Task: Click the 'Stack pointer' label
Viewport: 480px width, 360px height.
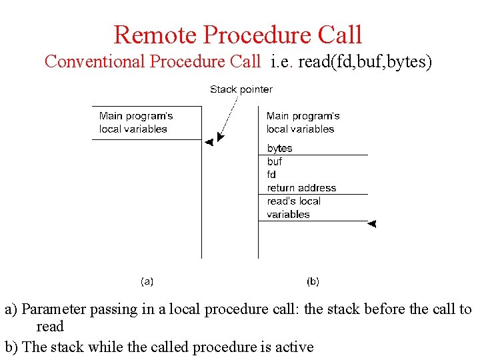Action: (x=241, y=89)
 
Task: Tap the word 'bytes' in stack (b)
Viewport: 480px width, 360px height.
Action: (x=279, y=148)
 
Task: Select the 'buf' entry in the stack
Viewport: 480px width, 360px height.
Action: (x=275, y=161)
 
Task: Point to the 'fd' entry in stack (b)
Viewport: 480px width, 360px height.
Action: (x=271, y=175)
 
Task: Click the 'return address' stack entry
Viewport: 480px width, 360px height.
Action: (x=301, y=188)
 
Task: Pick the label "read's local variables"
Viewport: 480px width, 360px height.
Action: (x=293, y=207)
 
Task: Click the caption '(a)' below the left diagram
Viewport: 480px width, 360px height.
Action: (x=147, y=281)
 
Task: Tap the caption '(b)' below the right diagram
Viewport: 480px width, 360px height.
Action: (x=313, y=281)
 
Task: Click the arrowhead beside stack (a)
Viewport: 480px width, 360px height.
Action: (x=209, y=142)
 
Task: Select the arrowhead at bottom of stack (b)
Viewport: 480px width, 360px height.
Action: (x=372, y=223)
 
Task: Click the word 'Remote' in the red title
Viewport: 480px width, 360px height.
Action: (x=155, y=35)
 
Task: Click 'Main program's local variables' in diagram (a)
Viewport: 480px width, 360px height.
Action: (x=136, y=123)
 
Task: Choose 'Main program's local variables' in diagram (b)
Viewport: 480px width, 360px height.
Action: (x=303, y=123)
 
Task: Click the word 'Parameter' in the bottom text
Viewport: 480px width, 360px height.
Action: (x=53, y=309)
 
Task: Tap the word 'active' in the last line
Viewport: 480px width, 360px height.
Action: (x=293, y=347)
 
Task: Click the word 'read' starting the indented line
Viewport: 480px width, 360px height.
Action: (x=50, y=327)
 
